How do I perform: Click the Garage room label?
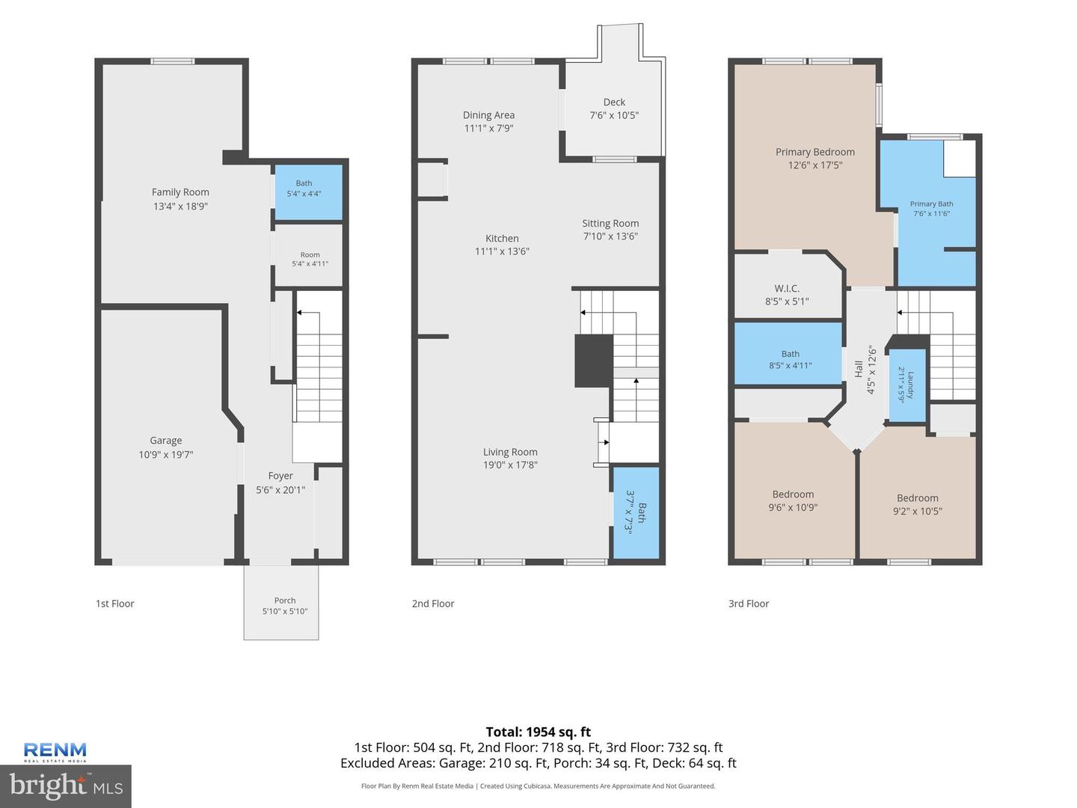[166, 441]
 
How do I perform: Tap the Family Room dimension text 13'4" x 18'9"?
[180, 206]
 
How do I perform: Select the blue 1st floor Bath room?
[308, 192]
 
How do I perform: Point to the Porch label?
[285, 601]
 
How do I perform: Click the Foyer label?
[280, 476]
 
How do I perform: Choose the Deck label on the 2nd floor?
[614, 102]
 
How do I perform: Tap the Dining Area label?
[488, 114]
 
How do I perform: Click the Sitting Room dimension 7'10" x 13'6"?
[610, 236]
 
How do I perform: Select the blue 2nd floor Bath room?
[636, 512]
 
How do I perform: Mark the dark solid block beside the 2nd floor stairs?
[594, 361]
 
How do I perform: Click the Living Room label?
[510, 452]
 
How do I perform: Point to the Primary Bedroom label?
[815, 152]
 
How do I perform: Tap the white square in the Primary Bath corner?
[960, 159]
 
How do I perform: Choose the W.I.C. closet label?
[787, 289]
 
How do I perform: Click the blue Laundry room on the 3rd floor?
[907, 385]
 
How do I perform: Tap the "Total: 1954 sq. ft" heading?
[538, 732]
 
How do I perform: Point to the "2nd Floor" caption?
[433, 604]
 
